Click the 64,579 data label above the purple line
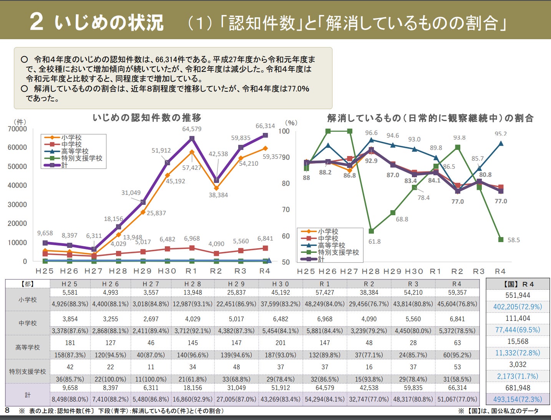tap(192, 129)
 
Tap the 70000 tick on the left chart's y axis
tap(17, 129)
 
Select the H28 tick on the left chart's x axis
tap(118, 271)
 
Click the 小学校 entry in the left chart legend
tap(71, 138)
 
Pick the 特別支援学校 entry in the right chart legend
tap(338, 252)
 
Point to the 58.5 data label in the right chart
tap(513, 240)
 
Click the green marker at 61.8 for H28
tap(371, 231)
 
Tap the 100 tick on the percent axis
tap(284, 131)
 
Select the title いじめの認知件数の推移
tap(147, 118)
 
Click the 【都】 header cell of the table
tap(28, 284)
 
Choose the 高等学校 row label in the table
tap(28, 347)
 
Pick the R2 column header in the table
tap(369, 284)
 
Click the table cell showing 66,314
tap(457, 388)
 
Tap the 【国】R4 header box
tap(518, 284)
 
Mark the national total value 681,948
tap(518, 388)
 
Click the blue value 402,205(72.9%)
tap(518, 307)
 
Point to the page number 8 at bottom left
tap(7, 410)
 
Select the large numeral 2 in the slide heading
tap(37, 22)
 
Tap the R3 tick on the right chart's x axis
tap(479, 271)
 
